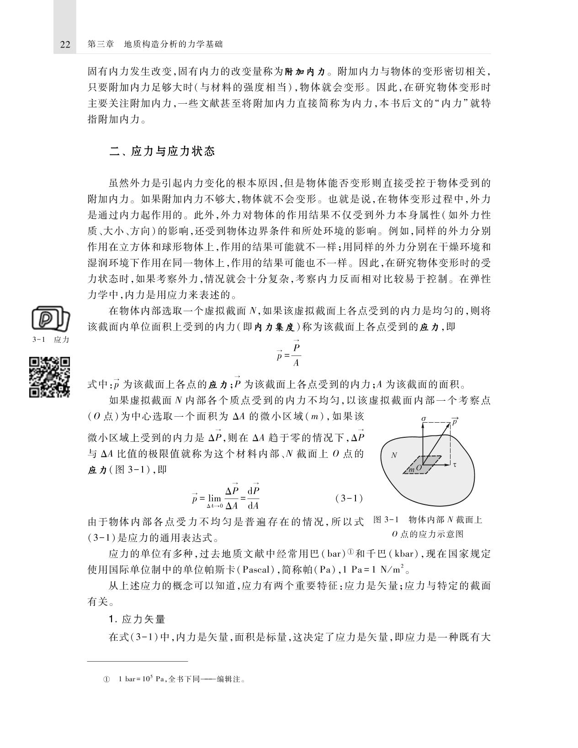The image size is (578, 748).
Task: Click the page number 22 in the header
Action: (x=65, y=44)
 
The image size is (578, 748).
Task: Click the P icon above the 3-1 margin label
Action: (x=51, y=319)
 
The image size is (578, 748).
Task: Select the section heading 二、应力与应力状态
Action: (x=162, y=151)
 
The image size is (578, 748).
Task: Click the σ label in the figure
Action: (x=424, y=419)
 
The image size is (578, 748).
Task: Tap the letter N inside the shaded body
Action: (x=394, y=455)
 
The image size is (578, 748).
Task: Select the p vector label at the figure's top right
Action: (x=454, y=421)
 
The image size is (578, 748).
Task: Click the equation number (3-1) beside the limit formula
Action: (x=349, y=498)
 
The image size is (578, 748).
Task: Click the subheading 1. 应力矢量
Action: (x=137, y=619)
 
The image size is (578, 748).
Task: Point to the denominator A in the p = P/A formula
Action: (x=296, y=364)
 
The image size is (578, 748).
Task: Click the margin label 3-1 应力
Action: (x=51, y=340)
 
